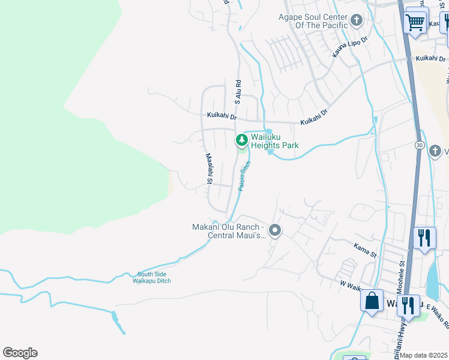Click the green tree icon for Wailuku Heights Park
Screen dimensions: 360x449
(x=241, y=140)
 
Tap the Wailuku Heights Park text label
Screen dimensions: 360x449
(x=274, y=141)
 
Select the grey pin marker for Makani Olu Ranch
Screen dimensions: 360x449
(x=275, y=230)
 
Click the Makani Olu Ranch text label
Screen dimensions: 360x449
(x=228, y=231)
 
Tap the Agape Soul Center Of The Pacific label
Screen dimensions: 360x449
(x=313, y=21)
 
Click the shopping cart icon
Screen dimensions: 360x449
(x=415, y=23)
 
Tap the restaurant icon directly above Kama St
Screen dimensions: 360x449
(x=424, y=237)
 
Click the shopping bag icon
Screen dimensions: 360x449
(x=372, y=300)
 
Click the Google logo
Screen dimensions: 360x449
(x=20, y=353)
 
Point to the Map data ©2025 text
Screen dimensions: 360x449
(x=423, y=355)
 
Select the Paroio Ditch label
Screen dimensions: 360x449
(x=244, y=176)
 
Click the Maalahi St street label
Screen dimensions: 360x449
(x=209, y=168)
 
